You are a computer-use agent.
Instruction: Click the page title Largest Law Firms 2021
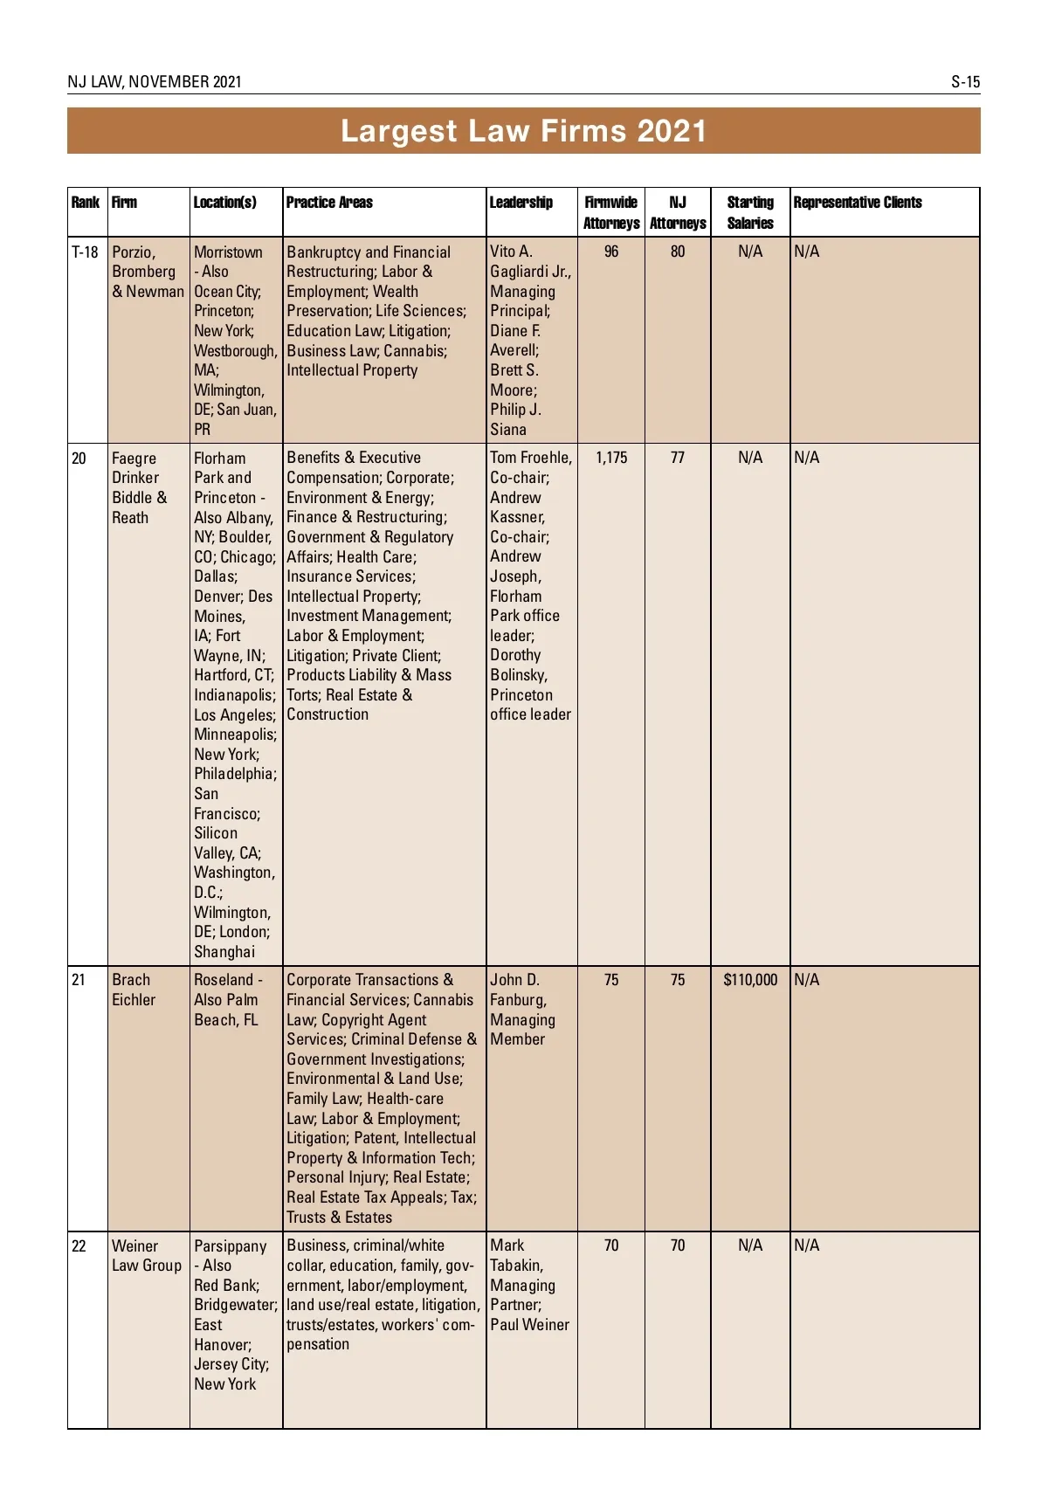tap(523, 131)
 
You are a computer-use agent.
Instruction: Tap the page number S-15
tap(965, 82)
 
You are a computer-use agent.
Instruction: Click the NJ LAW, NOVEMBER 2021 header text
tap(155, 82)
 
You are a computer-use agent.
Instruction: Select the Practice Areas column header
tap(329, 203)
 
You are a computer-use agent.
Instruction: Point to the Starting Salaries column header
tap(750, 212)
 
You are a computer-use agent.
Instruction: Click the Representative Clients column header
tap(858, 203)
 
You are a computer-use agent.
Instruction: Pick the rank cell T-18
tap(85, 252)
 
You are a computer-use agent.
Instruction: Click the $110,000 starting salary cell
tap(750, 980)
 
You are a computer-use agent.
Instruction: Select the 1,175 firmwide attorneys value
tap(611, 458)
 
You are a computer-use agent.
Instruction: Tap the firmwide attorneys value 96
tap(611, 252)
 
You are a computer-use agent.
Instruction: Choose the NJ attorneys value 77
tap(678, 458)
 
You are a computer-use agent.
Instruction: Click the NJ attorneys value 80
tap(678, 252)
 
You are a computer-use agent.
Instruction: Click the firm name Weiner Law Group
tap(147, 1256)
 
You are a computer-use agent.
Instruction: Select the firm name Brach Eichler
tap(134, 990)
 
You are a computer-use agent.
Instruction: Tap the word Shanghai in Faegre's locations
tap(224, 952)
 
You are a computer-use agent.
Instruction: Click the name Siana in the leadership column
tap(508, 430)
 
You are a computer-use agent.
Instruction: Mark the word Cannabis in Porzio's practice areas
tap(415, 351)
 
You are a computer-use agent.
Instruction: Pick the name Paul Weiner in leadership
tap(529, 1325)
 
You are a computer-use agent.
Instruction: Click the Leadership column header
tap(521, 203)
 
